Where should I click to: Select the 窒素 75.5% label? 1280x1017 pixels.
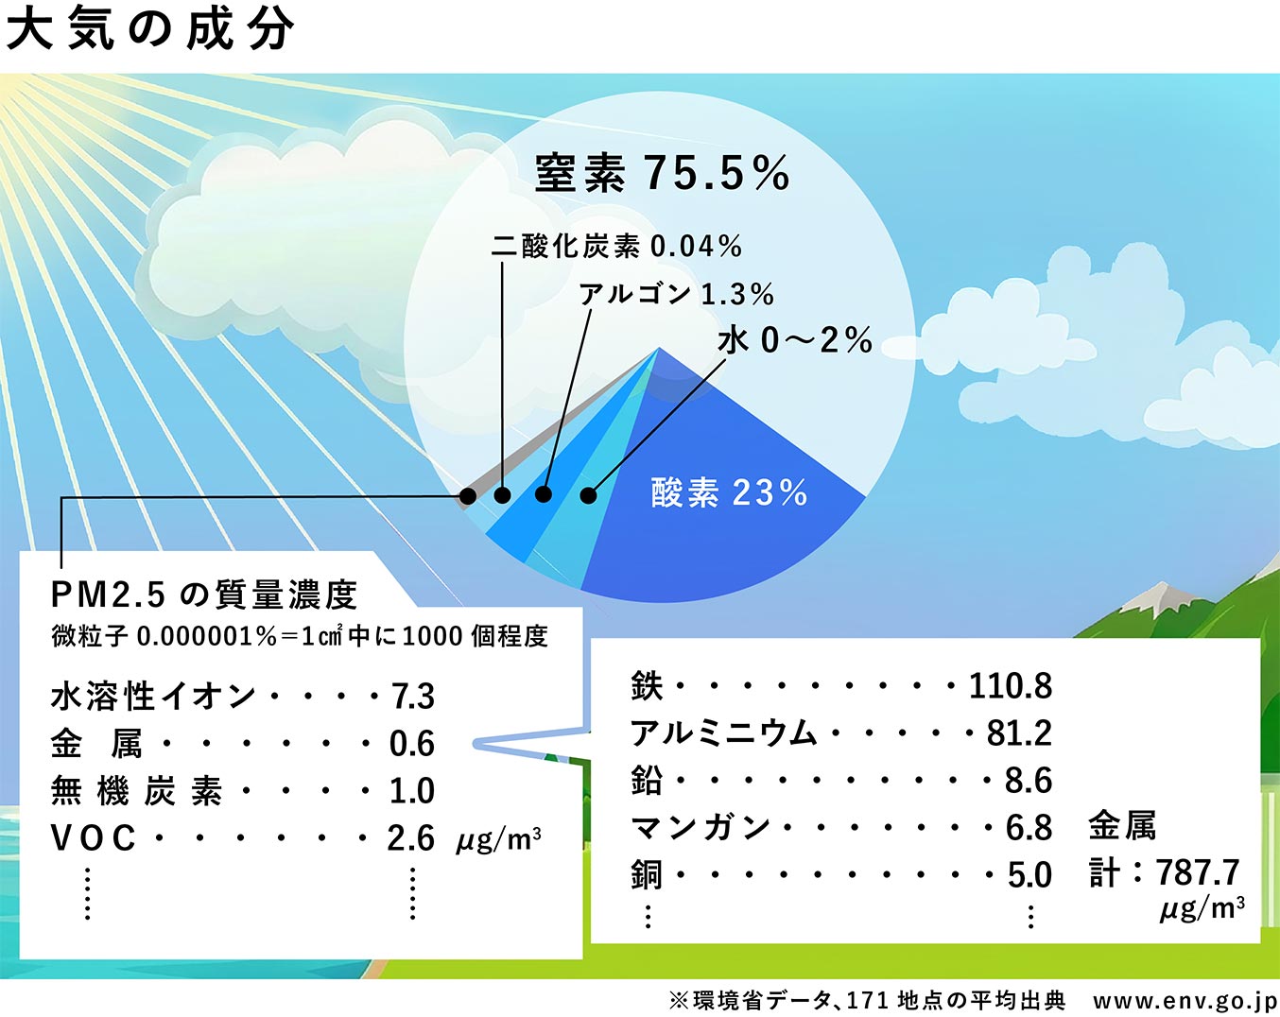pyautogui.click(x=662, y=173)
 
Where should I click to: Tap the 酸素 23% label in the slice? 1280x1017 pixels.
pyautogui.click(x=729, y=492)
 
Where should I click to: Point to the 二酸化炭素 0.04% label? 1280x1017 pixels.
pyautogui.click(x=616, y=246)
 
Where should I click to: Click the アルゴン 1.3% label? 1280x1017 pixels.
pyautogui.click(x=677, y=294)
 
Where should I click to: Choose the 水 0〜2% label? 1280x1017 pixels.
pyautogui.click(x=795, y=340)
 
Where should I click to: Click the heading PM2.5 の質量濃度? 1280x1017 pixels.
pyautogui.click(x=204, y=595)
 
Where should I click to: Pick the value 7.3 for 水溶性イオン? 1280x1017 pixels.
pyautogui.click(x=413, y=697)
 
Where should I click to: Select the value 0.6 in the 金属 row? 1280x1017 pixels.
pyautogui.click(x=412, y=744)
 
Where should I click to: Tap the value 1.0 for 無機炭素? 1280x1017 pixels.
pyautogui.click(x=412, y=791)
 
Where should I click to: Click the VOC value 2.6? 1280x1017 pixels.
pyautogui.click(x=411, y=838)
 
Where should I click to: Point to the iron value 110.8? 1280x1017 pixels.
pyautogui.click(x=1011, y=686)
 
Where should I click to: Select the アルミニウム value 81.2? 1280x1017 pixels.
pyautogui.click(x=1019, y=733)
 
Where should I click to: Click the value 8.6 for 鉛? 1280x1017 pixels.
pyautogui.click(x=1029, y=781)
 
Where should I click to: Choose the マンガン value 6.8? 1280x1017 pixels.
pyautogui.click(x=1029, y=828)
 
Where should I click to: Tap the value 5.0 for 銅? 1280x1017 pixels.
pyautogui.click(x=1030, y=875)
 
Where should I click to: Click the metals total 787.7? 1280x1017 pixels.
pyautogui.click(x=1198, y=872)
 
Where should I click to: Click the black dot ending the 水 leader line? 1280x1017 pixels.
pyautogui.click(x=588, y=495)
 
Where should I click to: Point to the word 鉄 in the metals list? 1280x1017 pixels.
pyautogui.click(x=647, y=686)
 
